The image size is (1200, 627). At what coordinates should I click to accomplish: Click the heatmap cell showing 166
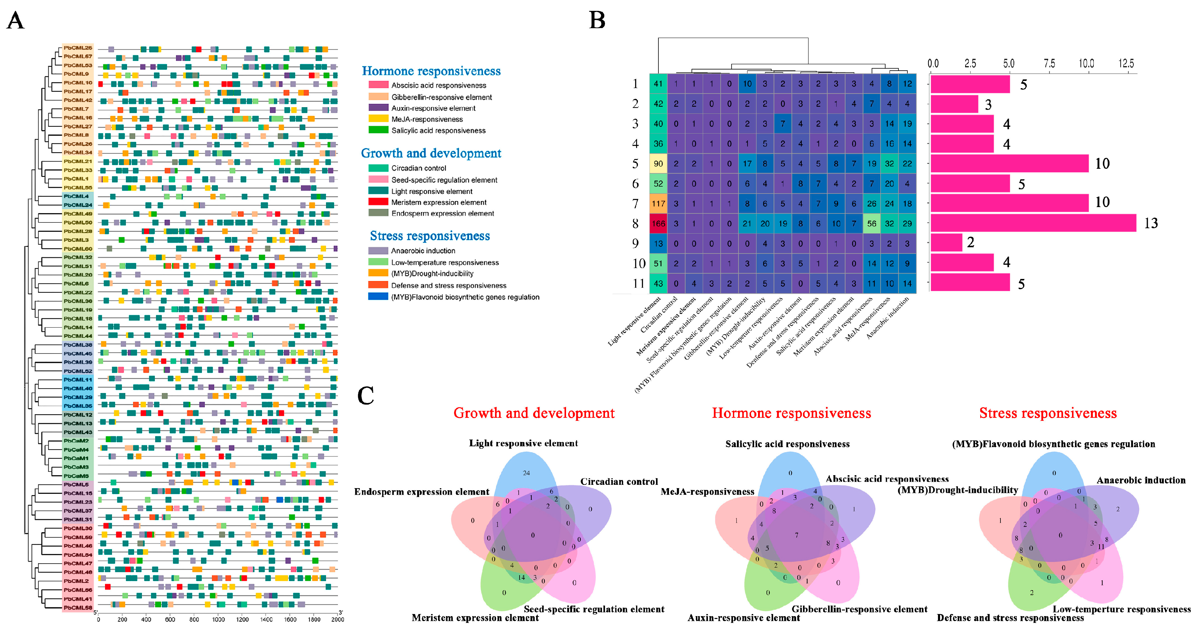pyautogui.click(x=658, y=224)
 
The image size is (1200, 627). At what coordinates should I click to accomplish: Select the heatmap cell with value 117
pyautogui.click(x=658, y=203)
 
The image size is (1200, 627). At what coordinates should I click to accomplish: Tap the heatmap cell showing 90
pyautogui.click(x=658, y=164)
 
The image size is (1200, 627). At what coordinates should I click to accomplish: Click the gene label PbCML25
pyautogui.click(x=78, y=47)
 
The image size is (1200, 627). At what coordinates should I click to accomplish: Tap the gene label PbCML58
pyautogui.click(x=78, y=607)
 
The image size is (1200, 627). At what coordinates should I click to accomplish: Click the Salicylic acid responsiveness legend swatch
pyautogui.click(x=378, y=130)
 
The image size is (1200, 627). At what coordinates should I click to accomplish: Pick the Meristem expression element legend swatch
pyautogui.click(x=378, y=202)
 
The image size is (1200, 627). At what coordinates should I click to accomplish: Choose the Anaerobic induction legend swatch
pyautogui.click(x=378, y=251)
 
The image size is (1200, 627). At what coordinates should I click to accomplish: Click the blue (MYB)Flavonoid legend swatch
pyautogui.click(x=378, y=296)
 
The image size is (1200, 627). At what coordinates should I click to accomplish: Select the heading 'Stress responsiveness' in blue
pyautogui.click(x=430, y=236)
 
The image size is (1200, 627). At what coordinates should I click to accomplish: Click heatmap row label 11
pyautogui.click(x=638, y=283)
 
